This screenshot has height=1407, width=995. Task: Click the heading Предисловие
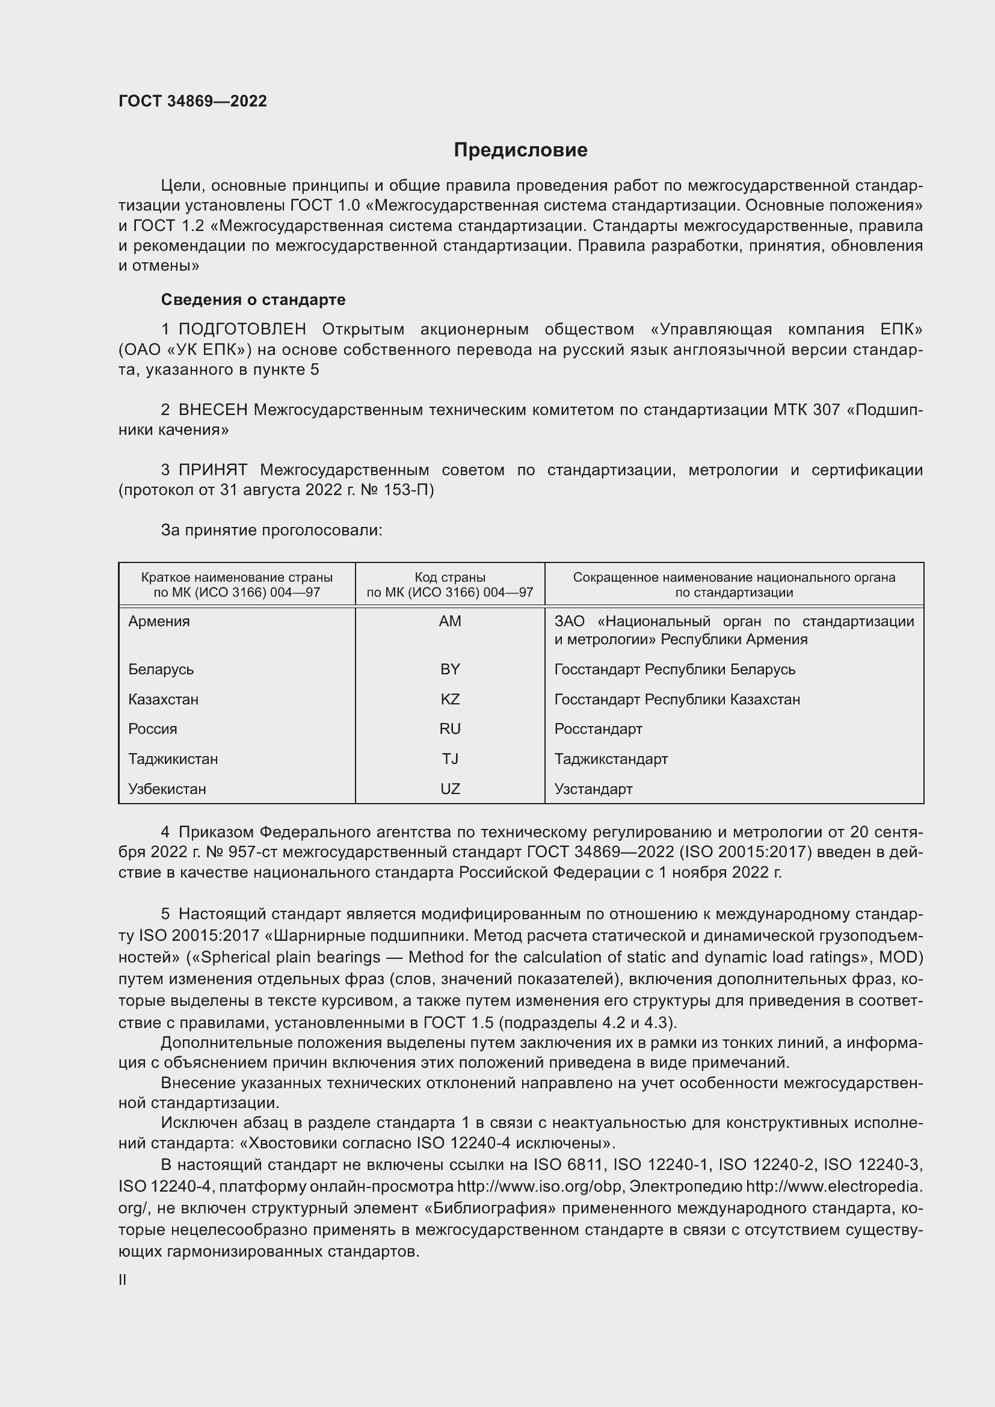coord(520,150)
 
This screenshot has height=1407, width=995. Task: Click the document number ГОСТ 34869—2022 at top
coord(193,101)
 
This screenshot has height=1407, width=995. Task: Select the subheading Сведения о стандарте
coord(253,300)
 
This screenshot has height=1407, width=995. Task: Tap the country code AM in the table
coord(450,621)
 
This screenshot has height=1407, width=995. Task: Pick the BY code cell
coord(450,669)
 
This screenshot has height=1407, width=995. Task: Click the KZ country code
coord(450,699)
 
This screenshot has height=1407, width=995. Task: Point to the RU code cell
coord(450,728)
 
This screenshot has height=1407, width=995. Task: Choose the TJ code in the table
coord(450,759)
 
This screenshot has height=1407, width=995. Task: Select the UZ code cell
coord(450,789)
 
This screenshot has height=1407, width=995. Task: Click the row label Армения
coord(159,621)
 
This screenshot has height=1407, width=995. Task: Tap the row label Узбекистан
coord(167,789)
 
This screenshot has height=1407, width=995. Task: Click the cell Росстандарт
coord(598,728)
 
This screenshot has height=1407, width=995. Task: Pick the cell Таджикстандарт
coord(611,759)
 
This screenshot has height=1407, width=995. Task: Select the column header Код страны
coord(450,577)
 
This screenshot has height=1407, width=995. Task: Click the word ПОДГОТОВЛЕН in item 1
coord(242,330)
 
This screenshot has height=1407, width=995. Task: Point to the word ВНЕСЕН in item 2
coord(212,410)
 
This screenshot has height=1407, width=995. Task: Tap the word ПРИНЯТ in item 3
coord(212,470)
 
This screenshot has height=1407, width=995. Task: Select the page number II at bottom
coord(123,1280)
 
